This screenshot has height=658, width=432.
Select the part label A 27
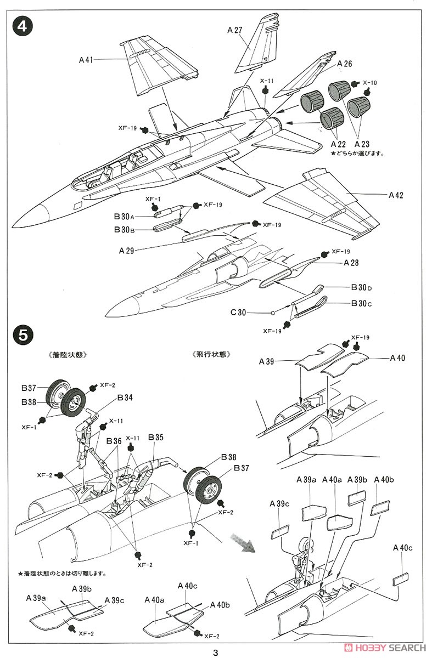(x=234, y=31)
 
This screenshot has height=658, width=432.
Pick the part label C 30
(x=239, y=313)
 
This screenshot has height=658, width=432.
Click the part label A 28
(x=351, y=263)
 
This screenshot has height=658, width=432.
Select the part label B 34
(x=124, y=397)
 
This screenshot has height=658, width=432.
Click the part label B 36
(x=114, y=440)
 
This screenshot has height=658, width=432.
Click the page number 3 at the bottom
(x=216, y=652)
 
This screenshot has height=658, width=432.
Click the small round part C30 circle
(x=273, y=313)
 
